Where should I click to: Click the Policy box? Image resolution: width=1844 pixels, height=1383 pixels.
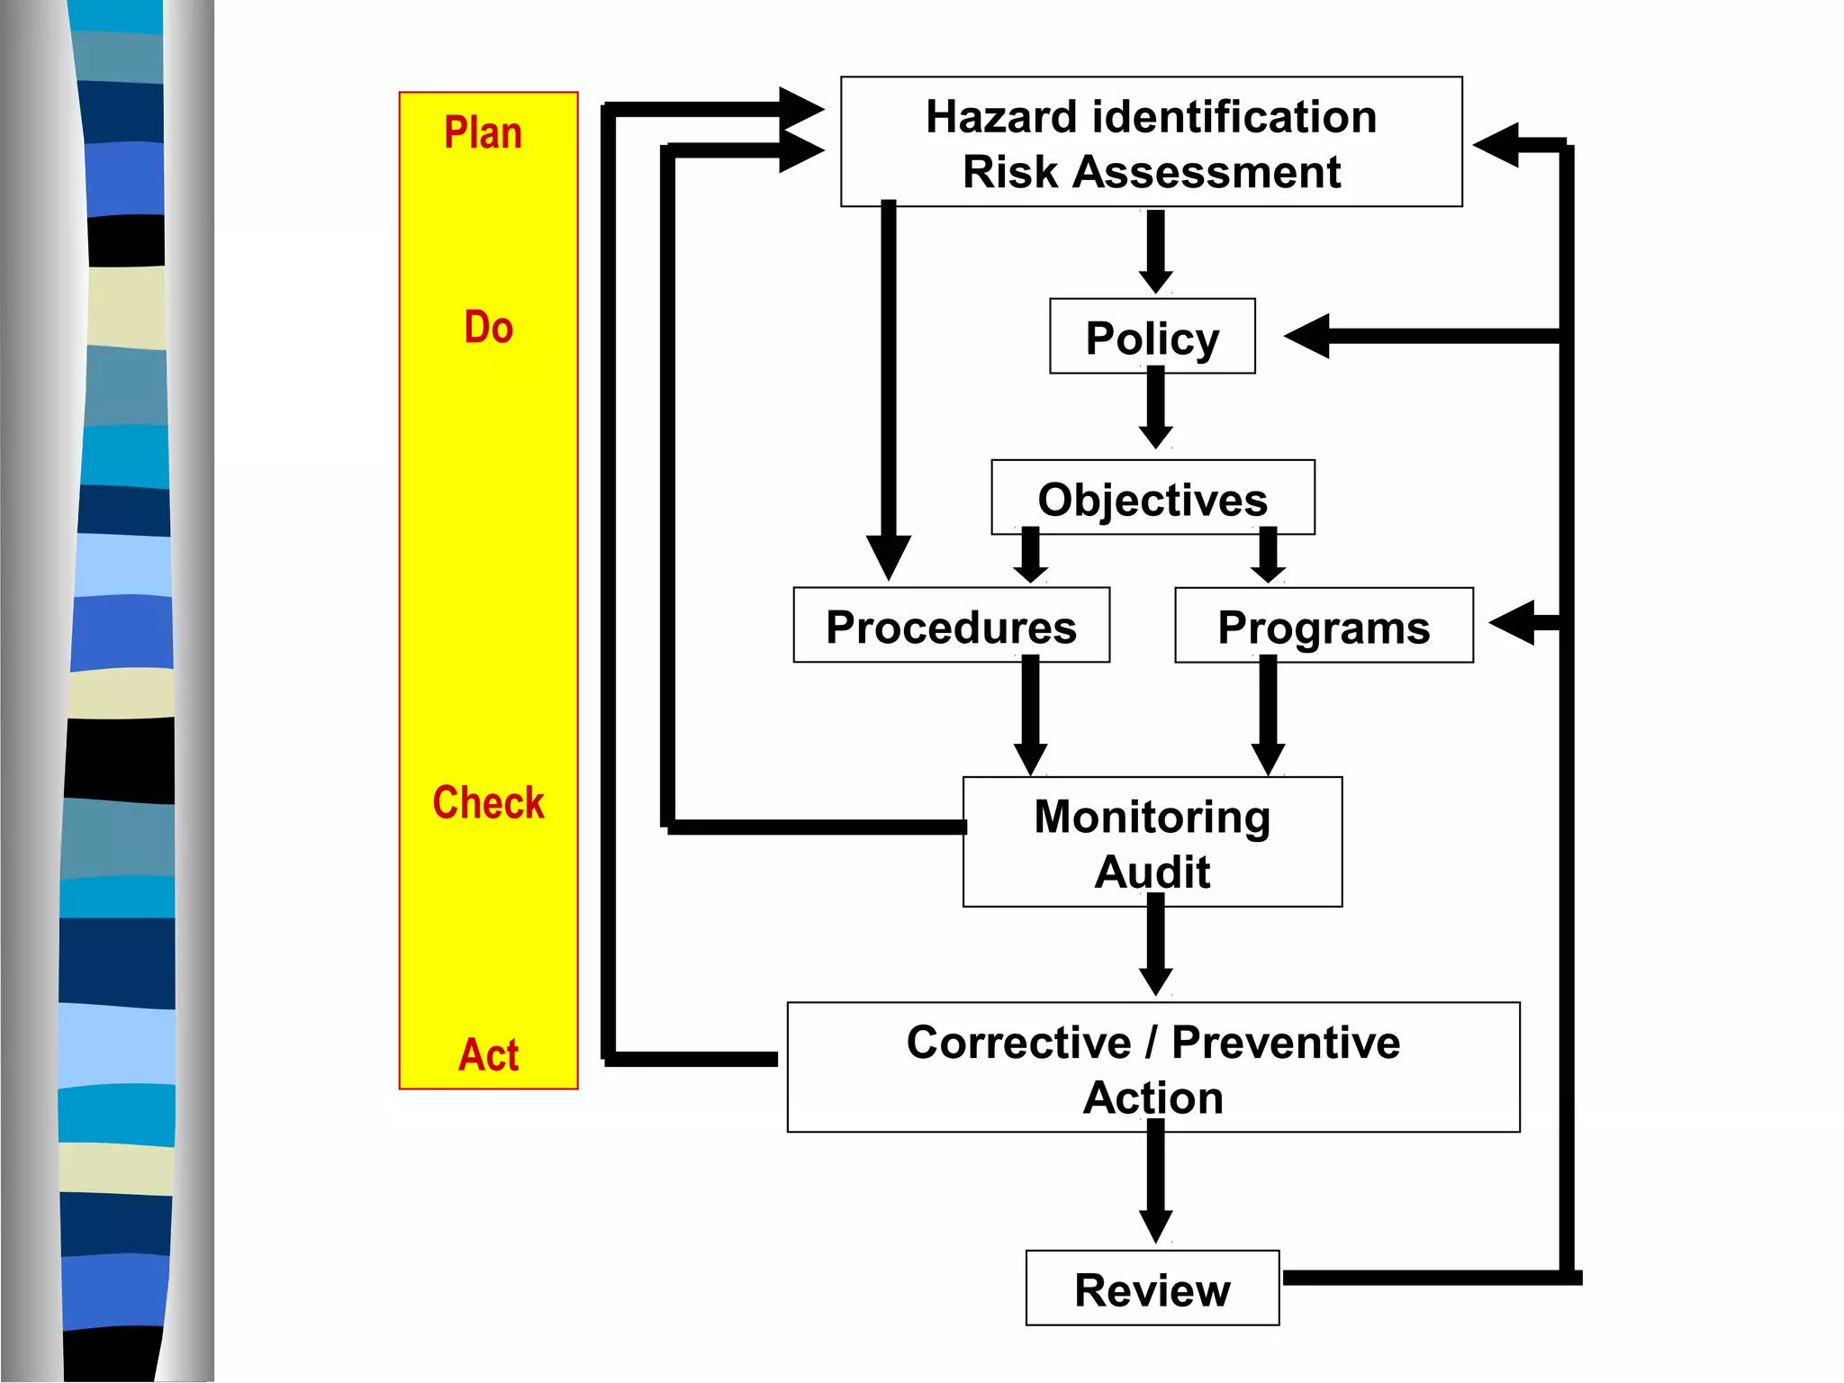click(1152, 336)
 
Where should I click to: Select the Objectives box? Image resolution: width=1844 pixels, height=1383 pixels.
click(1152, 498)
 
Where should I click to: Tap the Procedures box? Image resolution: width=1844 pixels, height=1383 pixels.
click(951, 626)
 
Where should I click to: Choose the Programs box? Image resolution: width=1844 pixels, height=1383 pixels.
click(1323, 626)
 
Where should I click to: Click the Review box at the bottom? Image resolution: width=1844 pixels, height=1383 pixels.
click(1152, 1288)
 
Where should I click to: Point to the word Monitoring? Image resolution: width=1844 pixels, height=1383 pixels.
click(1152, 817)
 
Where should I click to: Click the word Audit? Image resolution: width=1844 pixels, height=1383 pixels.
click(1152, 872)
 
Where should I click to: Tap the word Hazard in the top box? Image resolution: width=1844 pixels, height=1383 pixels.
click(1000, 117)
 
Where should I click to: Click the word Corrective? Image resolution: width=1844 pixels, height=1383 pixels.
click(1017, 1043)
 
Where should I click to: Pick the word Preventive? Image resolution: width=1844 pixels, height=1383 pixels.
click(1285, 1043)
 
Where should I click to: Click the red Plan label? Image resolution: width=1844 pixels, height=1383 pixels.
click(483, 133)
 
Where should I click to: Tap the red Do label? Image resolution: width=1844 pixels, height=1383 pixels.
click(488, 327)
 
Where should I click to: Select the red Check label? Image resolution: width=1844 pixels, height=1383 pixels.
click(488, 802)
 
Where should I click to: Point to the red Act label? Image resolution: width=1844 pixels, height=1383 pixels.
click(488, 1054)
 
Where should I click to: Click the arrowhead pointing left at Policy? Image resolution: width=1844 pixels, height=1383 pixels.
click(1308, 336)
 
